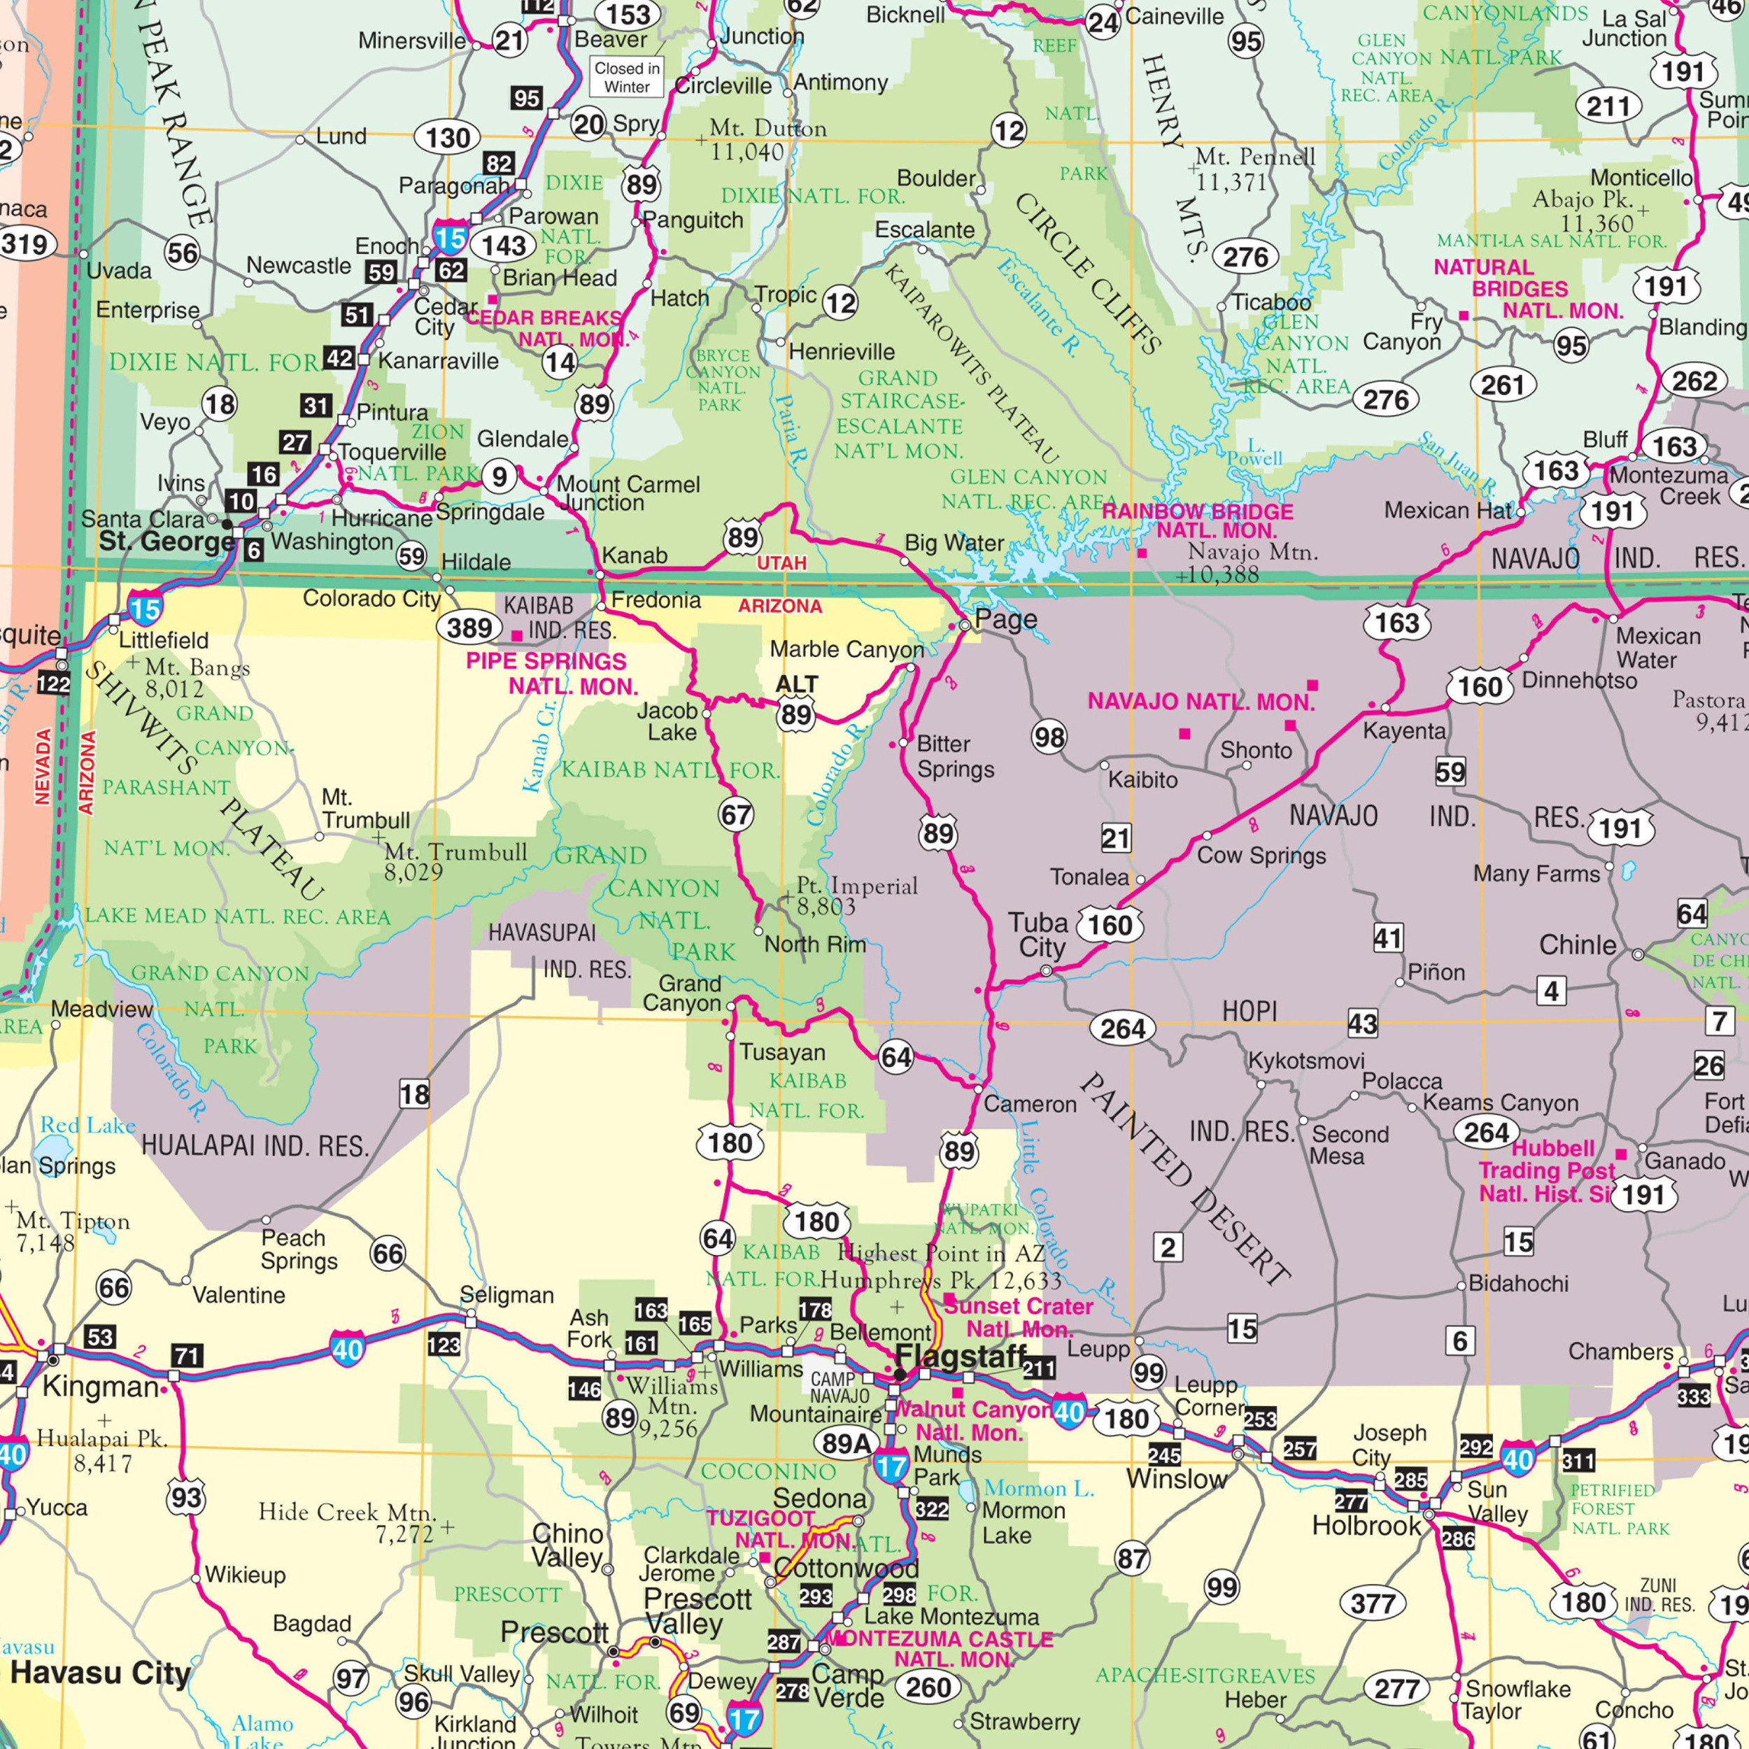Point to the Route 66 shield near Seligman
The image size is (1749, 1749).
coord(388,1254)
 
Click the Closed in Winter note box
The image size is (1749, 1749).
coord(628,77)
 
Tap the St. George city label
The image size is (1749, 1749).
coord(167,541)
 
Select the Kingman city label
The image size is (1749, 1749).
coord(99,1386)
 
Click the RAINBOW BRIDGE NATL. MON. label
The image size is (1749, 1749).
coord(1197,521)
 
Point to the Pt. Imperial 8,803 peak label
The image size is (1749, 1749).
coord(856,895)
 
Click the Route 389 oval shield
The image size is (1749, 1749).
coord(470,628)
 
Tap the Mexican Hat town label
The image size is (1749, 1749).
coord(1447,511)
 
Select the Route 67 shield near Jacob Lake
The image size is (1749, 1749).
coord(736,815)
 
